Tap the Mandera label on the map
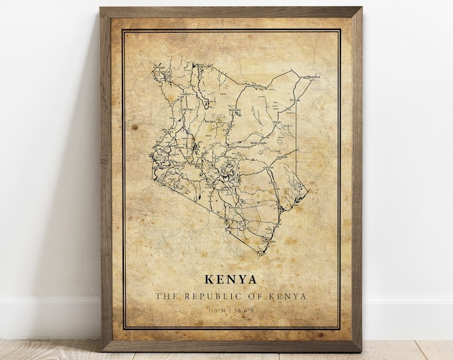point(313,77)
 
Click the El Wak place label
point(295,100)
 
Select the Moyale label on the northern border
point(256,86)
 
